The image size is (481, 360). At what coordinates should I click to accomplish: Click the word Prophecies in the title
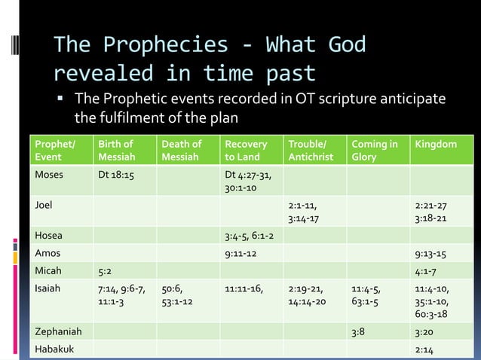pyautogui.click(x=165, y=45)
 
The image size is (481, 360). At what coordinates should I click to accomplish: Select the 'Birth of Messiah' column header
pyautogui.click(x=116, y=150)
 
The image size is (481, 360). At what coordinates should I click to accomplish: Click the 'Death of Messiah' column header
pyautogui.click(x=181, y=150)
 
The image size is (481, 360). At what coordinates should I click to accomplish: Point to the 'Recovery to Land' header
pyautogui.click(x=246, y=150)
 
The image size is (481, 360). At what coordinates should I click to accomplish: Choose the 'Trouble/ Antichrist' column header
pyautogui.click(x=311, y=150)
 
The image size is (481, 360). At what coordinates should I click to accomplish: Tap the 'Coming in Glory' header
pyautogui.click(x=375, y=150)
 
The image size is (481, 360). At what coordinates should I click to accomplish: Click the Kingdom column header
pyautogui.click(x=436, y=144)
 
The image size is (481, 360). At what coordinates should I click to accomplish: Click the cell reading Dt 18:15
pyautogui.click(x=118, y=175)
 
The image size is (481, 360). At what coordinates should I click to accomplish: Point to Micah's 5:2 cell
pyautogui.click(x=106, y=270)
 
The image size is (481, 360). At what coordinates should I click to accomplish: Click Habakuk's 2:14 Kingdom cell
pyautogui.click(x=424, y=349)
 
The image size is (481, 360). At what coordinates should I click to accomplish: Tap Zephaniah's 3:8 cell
pyautogui.click(x=360, y=331)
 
